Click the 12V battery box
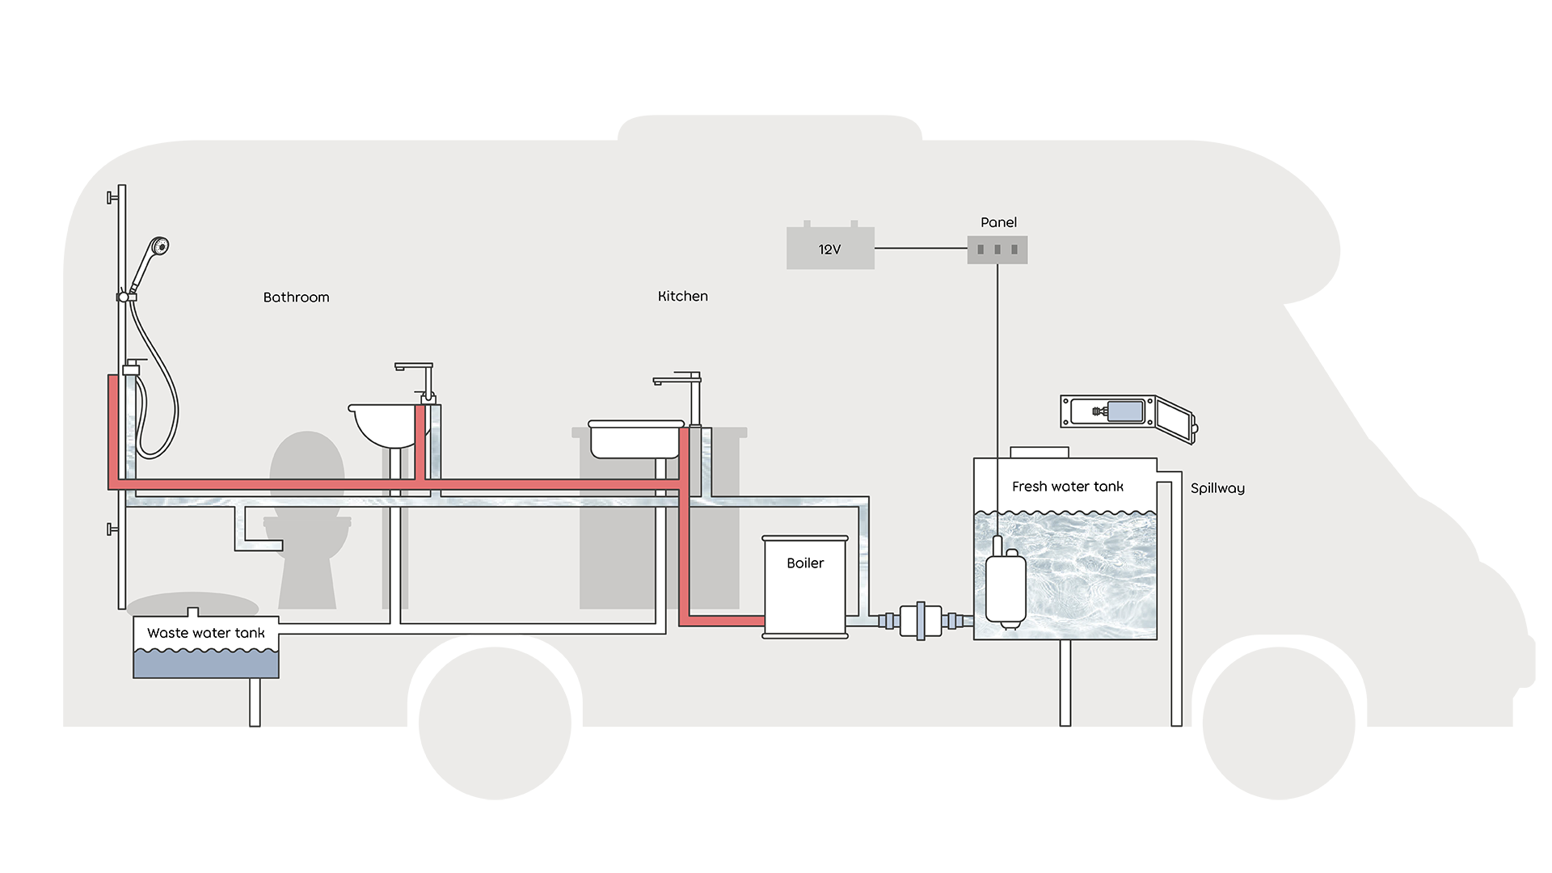[x=830, y=248]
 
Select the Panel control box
[x=997, y=250]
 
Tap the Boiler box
[x=805, y=587]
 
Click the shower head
[x=159, y=246]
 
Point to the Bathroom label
[x=296, y=297]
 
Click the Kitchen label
[x=683, y=297]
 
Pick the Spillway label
[x=1217, y=488]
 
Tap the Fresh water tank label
[x=1067, y=487]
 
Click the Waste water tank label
[x=206, y=634]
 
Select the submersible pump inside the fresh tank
[x=1006, y=588]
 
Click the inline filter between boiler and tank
[x=921, y=621]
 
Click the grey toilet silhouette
[x=307, y=525]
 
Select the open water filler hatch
[x=1128, y=414]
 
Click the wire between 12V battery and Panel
[x=921, y=248]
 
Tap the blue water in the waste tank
[x=206, y=664]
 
